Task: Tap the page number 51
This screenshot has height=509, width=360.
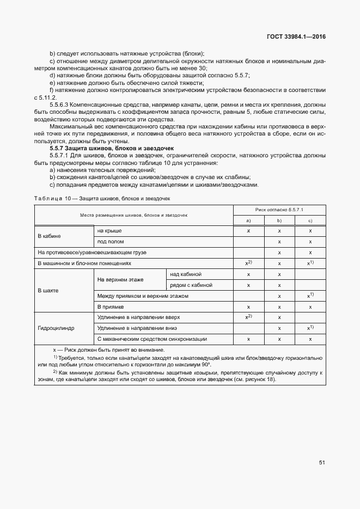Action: point(322,463)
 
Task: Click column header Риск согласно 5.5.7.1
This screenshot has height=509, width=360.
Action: point(279,210)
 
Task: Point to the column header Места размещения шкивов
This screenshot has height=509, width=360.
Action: point(133,215)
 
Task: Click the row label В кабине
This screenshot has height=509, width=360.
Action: point(49,236)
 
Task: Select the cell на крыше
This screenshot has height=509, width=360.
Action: point(109,231)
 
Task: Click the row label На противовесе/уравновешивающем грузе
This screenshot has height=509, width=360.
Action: point(92,253)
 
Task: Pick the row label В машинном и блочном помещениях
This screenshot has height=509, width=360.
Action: point(84,263)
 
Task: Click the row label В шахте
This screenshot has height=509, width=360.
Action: point(47,291)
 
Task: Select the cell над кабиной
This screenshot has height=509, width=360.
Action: point(186,274)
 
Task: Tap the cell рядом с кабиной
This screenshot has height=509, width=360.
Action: point(191,285)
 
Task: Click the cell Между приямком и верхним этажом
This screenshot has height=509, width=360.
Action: point(143,296)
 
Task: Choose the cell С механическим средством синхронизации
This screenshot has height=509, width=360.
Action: point(152,339)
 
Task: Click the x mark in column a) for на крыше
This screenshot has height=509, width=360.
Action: point(248,231)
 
